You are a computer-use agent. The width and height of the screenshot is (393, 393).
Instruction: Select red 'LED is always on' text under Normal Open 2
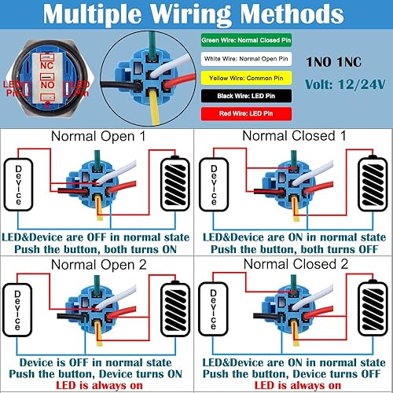tap(97, 385)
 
